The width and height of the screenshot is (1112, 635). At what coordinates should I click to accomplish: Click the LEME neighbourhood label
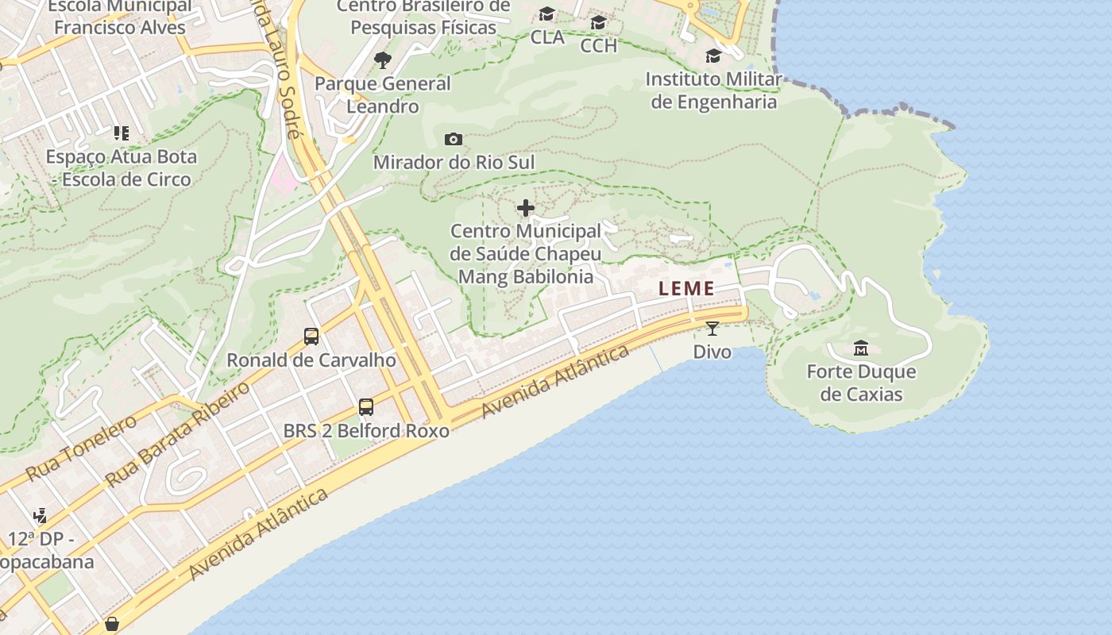(x=686, y=289)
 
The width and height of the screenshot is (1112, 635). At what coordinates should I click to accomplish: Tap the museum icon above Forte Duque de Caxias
(x=860, y=348)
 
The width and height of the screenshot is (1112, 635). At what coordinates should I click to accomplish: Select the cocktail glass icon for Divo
(x=712, y=328)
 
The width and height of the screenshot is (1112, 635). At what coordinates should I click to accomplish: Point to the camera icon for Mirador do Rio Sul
(x=454, y=140)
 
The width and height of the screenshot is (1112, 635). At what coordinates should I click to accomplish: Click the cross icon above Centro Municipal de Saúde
(x=526, y=208)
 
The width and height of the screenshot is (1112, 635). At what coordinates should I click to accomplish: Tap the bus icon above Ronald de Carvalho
(x=311, y=337)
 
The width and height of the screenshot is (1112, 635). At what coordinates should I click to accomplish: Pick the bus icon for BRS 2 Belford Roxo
(x=366, y=407)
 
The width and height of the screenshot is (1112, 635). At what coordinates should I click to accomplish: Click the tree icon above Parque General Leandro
(x=383, y=60)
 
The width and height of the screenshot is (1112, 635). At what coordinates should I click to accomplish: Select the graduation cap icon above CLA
(x=546, y=14)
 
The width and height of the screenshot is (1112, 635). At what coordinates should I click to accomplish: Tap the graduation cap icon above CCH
(x=598, y=22)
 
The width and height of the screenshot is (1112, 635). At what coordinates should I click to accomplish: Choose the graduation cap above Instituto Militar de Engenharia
(x=713, y=56)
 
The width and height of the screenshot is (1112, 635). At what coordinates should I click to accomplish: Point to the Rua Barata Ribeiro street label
(x=177, y=433)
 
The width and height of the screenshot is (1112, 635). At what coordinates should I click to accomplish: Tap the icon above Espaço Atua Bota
(x=121, y=133)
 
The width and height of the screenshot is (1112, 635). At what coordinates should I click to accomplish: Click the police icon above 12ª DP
(x=41, y=516)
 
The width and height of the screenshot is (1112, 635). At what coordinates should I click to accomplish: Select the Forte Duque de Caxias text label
(x=861, y=383)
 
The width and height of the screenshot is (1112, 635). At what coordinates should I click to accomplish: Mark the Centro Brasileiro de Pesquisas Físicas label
(x=423, y=17)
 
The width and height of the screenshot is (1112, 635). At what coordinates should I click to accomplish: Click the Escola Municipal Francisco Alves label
(x=120, y=17)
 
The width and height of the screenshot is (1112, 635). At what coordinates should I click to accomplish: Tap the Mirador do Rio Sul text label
(x=454, y=163)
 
